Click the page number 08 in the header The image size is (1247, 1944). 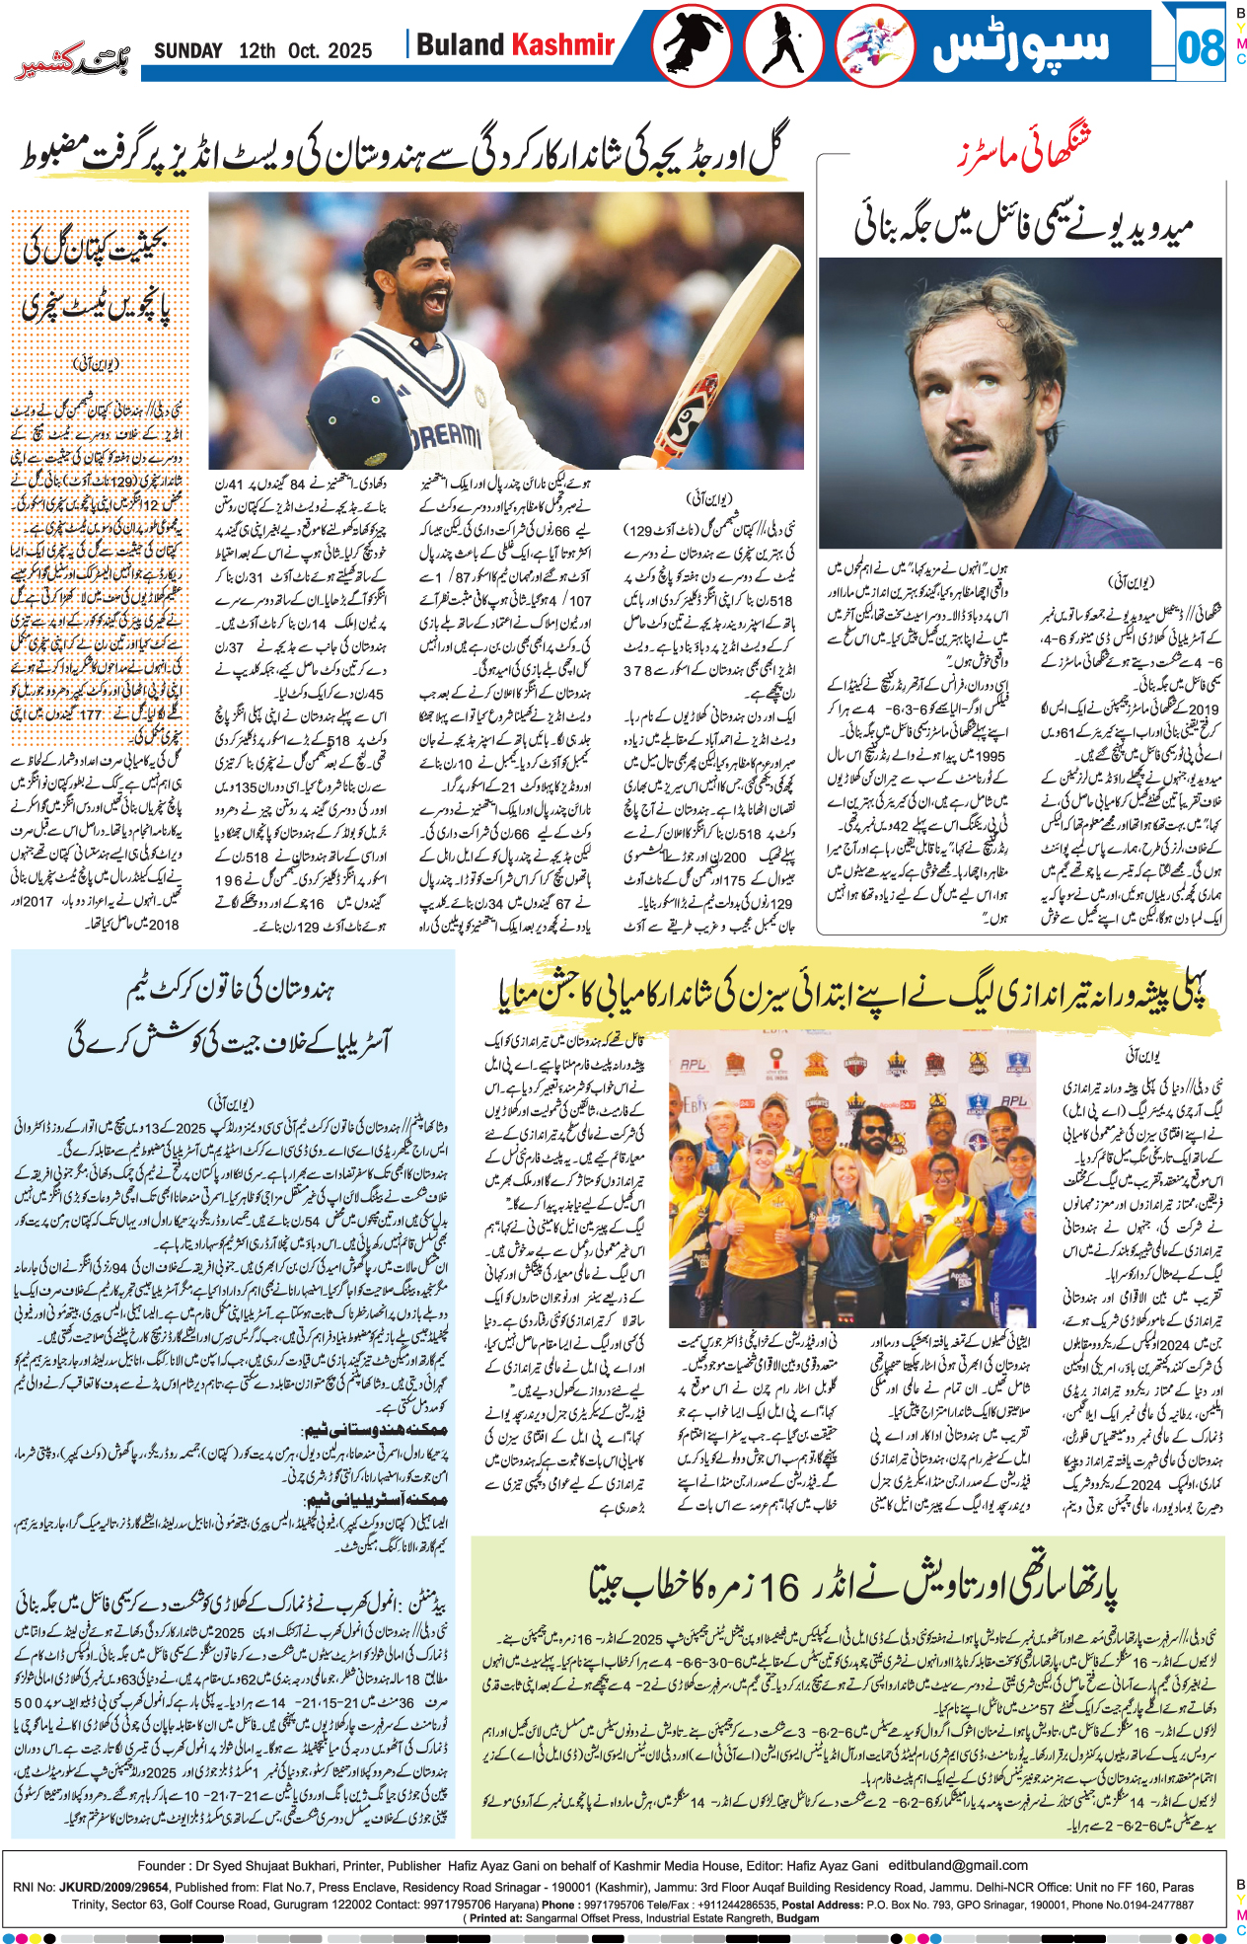[x=1201, y=46]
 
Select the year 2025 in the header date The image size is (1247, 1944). [x=350, y=50]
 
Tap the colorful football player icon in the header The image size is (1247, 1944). [x=874, y=46]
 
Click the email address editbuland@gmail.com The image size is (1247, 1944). [x=958, y=1865]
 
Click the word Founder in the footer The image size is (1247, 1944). [x=162, y=1865]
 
